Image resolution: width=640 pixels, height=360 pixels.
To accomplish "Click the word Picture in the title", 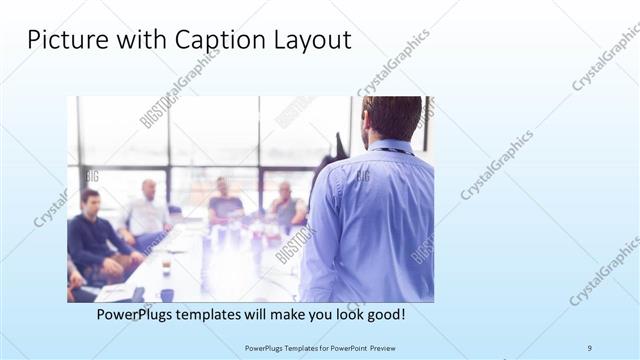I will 62,41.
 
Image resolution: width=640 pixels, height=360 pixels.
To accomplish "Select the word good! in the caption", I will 383,315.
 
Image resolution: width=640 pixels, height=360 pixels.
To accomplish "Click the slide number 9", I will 590,347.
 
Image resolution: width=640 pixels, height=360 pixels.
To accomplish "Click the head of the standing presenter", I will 392,118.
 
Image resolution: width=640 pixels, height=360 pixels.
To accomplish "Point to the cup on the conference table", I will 166,264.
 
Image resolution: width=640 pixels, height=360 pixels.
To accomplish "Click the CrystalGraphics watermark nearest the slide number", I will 604,270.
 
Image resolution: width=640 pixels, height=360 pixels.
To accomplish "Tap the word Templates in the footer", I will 289,348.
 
